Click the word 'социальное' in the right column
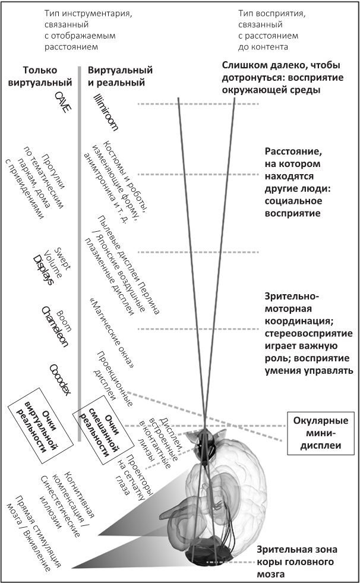[x=292, y=200]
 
